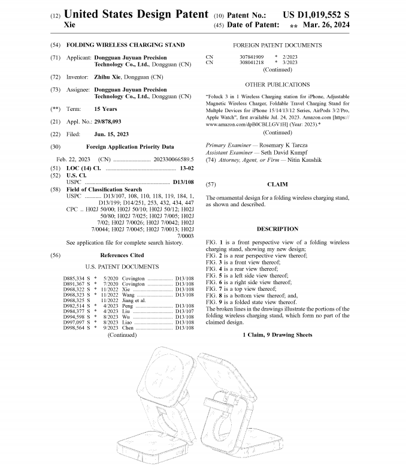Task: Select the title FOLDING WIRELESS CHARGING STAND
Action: [x=125, y=45]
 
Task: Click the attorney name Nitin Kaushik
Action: [x=301, y=160]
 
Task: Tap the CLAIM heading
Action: [x=277, y=184]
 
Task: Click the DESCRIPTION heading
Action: [x=277, y=228]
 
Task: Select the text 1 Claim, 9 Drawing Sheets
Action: [x=277, y=335]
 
